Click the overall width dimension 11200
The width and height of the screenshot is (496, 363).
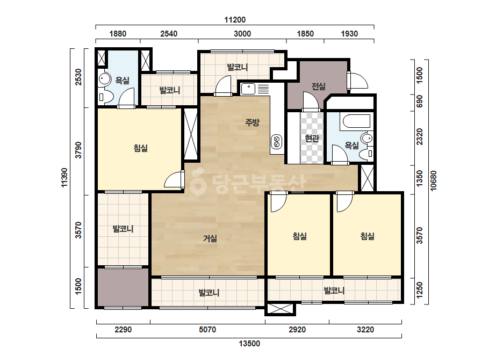[x=235, y=20]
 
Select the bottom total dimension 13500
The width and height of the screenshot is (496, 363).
[x=249, y=344]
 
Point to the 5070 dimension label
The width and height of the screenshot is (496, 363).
[x=207, y=330]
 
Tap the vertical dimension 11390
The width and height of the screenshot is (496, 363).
[x=64, y=178]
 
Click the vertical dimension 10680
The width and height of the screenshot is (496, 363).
[x=433, y=180]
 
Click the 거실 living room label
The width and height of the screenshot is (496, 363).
[x=210, y=238]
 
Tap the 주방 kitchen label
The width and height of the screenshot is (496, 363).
[x=252, y=122]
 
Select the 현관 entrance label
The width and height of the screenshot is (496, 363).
[x=312, y=138]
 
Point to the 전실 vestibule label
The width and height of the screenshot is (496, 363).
[x=319, y=86]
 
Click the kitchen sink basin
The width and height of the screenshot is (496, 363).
[x=248, y=90]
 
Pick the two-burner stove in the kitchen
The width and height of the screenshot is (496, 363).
[x=276, y=141]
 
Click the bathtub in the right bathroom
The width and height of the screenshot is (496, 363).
[x=355, y=121]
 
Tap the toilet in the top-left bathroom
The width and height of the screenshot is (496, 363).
[x=105, y=97]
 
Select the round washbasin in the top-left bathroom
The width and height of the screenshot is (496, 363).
[x=104, y=79]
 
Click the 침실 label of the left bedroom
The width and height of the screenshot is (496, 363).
[x=140, y=148]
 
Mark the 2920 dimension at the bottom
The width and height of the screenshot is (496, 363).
[x=297, y=330]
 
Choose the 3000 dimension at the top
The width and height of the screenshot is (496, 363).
[x=242, y=34]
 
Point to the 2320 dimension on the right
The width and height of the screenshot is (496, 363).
[x=420, y=136]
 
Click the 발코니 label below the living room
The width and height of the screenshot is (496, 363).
[x=209, y=293]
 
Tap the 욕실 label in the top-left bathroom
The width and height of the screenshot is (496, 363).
[x=122, y=81]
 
